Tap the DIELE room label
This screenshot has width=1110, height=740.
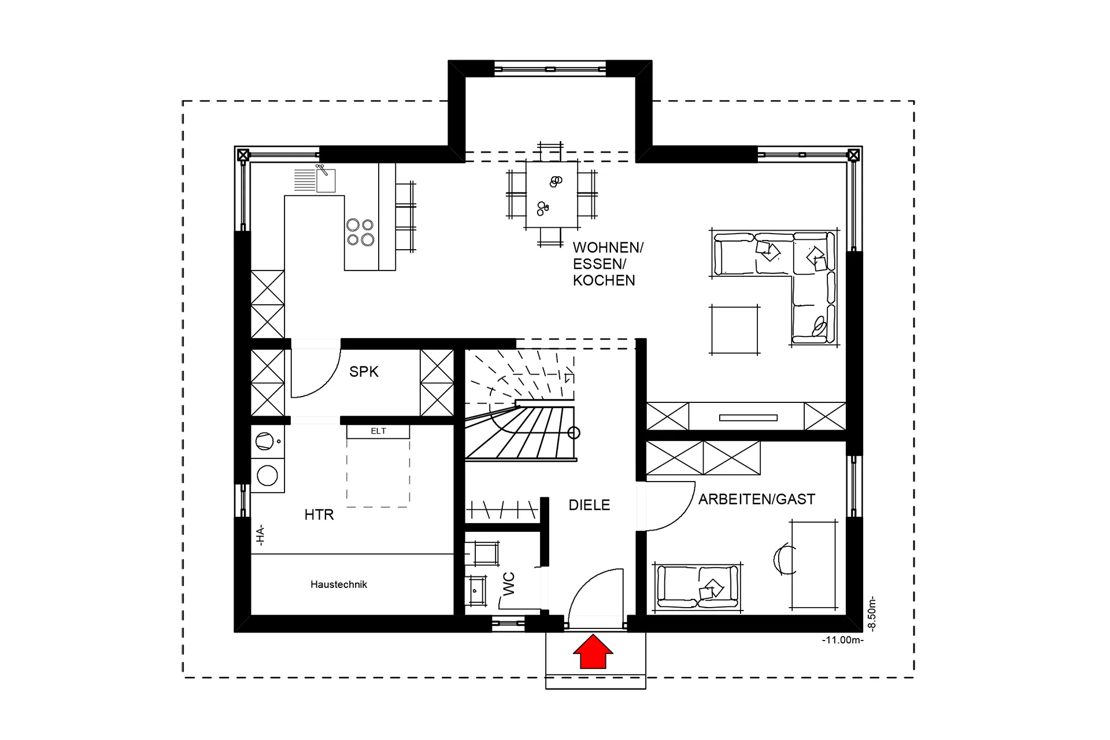pyautogui.click(x=589, y=505)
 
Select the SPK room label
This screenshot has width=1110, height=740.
pyautogui.click(x=364, y=372)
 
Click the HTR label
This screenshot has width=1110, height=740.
pyautogui.click(x=319, y=515)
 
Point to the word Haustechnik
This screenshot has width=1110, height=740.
pyautogui.click(x=339, y=584)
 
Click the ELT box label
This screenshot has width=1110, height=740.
pyautogui.click(x=378, y=431)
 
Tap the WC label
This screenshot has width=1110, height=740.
pyautogui.click(x=509, y=584)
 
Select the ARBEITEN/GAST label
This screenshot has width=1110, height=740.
pyautogui.click(x=756, y=499)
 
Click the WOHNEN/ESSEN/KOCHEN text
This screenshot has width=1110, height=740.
pyautogui.click(x=607, y=264)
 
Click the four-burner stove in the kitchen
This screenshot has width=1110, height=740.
pyautogui.click(x=360, y=232)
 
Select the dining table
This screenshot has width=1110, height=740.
pyautogui.click(x=552, y=195)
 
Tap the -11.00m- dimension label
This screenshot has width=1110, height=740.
pyautogui.click(x=842, y=641)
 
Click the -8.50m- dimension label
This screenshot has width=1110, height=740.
pyautogui.click(x=872, y=615)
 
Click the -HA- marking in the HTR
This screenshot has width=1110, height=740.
pyautogui.click(x=261, y=535)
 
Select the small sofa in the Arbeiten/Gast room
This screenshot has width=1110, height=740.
pyautogui.click(x=697, y=586)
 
